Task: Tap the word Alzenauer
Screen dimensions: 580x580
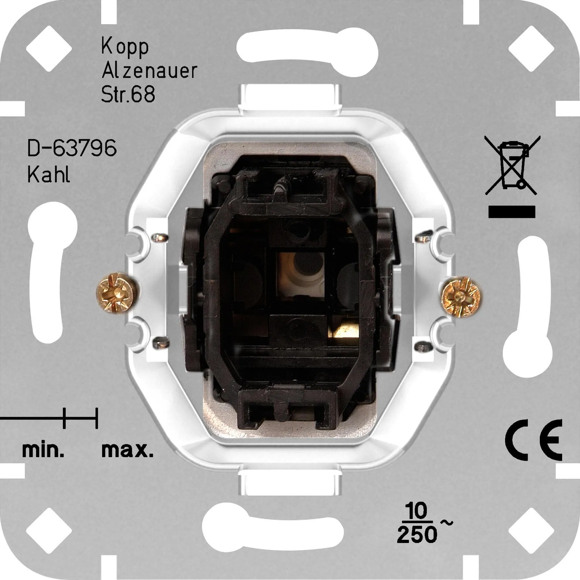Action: click(x=149, y=71)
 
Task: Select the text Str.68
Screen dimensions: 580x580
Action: click(x=128, y=94)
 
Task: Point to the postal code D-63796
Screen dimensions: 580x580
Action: click(x=72, y=148)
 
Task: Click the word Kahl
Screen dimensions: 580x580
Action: click(x=49, y=175)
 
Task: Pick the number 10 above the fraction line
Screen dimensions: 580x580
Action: click(x=417, y=511)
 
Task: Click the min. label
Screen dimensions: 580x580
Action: click(x=43, y=450)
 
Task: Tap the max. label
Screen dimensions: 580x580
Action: click(x=127, y=450)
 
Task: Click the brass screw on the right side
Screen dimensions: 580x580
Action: click(x=462, y=296)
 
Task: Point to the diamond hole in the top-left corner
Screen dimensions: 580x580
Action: click(x=49, y=49)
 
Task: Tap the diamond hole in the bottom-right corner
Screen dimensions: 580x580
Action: click(x=531, y=531)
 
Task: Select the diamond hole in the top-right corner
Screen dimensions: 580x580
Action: click(x=531, y=49)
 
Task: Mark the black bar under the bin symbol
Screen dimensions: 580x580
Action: click(x=512, y=212)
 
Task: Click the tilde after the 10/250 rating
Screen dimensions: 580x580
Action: click(x=446, y=523)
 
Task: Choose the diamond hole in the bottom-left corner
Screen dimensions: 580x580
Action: click(x=49, y=531)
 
